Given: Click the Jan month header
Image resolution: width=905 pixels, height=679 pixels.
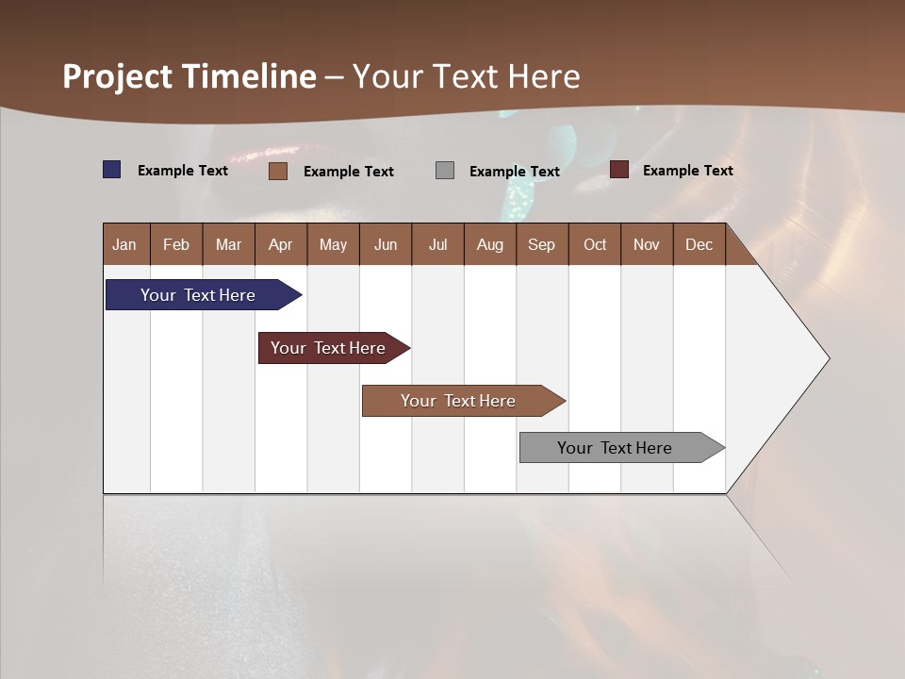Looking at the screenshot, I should (x=124, y=244).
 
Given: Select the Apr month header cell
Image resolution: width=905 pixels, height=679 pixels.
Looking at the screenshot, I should (x=280, y=244).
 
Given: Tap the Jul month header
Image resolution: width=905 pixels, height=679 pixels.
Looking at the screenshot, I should (x=437, y=244).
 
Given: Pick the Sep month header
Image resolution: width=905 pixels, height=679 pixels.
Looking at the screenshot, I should (x=541, y=244).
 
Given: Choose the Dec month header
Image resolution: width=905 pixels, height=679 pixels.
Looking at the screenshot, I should (x=699, y=244).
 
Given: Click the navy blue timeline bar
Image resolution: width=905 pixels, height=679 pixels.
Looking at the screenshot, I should (x=199, y=295).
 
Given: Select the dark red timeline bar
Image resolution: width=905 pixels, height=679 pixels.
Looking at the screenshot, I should (x=329, y=348).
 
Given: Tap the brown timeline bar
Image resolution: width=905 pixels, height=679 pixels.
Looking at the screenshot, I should (x=459, y=401).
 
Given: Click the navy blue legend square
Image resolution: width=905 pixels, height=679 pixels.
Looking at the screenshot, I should (x=111, y=170).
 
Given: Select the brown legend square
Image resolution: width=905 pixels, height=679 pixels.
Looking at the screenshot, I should (x=277, y=171).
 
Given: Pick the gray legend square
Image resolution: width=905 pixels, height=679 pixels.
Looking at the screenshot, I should (x=445, y=170).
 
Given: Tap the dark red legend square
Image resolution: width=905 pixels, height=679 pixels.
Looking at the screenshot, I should (x=618, y=170).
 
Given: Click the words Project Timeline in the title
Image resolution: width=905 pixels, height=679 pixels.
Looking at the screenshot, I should (x=189, y=76).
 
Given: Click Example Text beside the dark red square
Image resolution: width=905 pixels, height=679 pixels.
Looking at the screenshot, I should (x=687, y=171).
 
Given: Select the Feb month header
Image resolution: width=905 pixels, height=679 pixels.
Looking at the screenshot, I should (x=176, y=244).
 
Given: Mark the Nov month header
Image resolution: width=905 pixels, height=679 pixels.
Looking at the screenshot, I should (x=646, y=244).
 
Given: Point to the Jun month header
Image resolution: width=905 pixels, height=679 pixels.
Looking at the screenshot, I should (x=386, y=244).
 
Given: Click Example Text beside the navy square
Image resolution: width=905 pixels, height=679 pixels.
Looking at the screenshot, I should (x=183, y=171).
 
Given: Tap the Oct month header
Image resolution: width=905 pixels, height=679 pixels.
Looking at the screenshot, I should (x=595, y=244).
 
